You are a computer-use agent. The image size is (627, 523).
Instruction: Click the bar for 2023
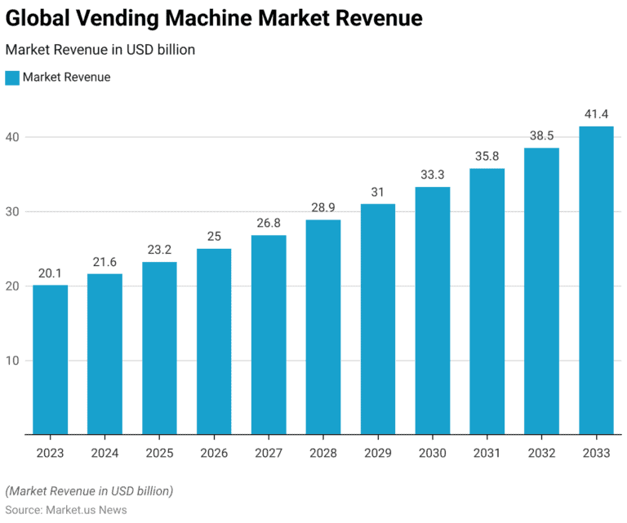[x=50, y=359]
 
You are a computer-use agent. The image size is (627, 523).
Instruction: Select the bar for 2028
[x=323, y=326]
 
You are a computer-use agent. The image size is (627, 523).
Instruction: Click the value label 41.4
[x=596, y=113]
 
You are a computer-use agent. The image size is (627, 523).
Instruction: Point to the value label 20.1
[x=50, y=273]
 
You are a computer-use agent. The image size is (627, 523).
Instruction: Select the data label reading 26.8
[x=269, y=223]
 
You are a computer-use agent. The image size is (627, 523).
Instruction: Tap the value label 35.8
[x=487, y=156]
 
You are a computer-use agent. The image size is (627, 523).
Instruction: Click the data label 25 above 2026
[x=214, y=237]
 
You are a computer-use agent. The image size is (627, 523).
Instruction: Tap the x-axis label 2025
[x=159, y=454]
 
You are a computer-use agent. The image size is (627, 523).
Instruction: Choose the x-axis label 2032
[x=541, y=454]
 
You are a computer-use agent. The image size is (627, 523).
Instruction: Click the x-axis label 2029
[x=378, y=454]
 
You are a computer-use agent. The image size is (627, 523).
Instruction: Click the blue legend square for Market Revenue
[x=12, y=78]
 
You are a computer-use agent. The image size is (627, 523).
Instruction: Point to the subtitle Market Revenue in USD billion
[x=100, y=50]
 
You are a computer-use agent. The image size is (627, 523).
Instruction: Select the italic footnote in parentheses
[x=89, y=491]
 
